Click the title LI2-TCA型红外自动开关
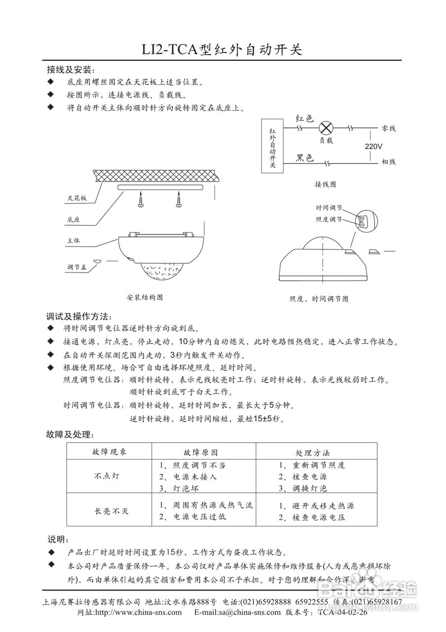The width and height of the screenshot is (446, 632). point(222,49)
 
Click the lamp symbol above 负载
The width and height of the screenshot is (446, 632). point(326,128)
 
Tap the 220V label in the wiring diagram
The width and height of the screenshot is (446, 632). point(374,147)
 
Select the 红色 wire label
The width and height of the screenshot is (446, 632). point(304,118)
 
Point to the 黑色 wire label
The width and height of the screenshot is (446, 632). point(305,158)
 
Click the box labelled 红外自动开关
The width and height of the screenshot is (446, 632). point(273,146)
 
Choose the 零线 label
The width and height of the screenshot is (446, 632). point(389,128)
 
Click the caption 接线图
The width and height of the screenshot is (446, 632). point(325,184)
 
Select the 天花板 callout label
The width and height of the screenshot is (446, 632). point(77,198)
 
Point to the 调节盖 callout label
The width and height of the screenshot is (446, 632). point(77,267)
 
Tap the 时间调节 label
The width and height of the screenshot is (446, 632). point(329,209)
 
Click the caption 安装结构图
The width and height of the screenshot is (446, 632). point(145,298)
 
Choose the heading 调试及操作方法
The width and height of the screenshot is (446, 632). point(79,316)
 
